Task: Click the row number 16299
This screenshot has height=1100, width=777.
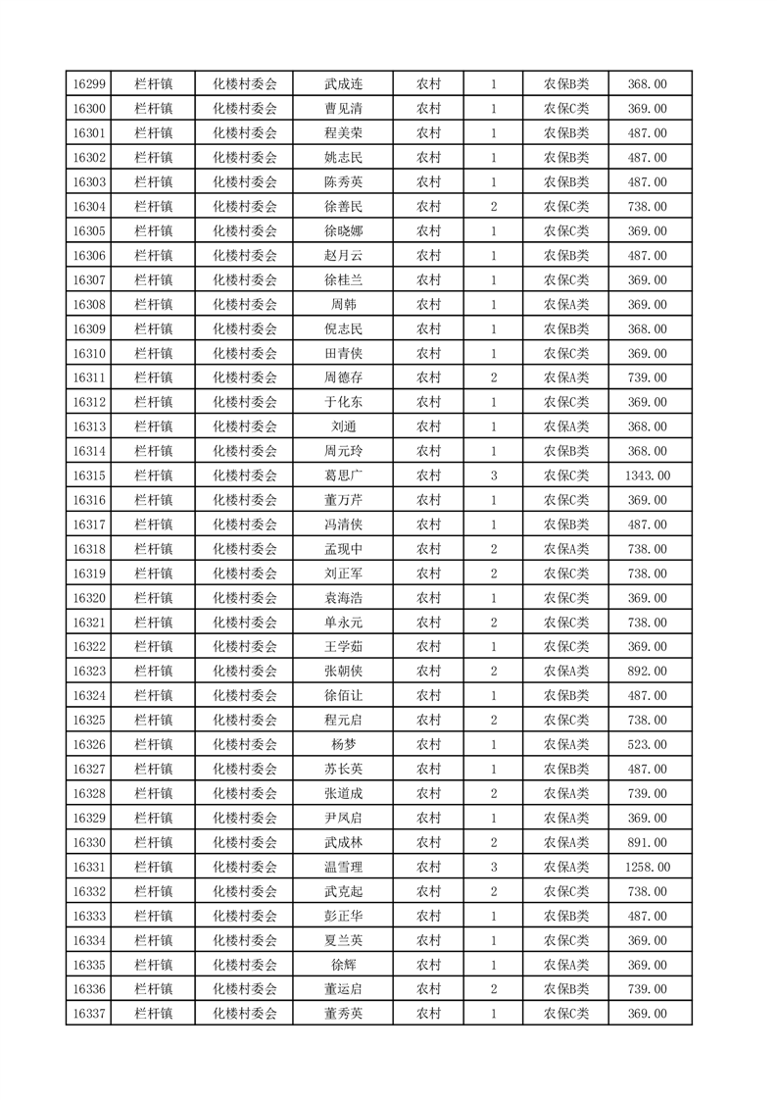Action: point(89,84)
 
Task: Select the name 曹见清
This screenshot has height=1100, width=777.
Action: point(343,109)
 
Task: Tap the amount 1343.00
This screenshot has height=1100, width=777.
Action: point(647,475)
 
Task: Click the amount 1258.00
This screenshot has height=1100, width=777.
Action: point(647,867)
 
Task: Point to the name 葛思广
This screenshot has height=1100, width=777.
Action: point(343,475)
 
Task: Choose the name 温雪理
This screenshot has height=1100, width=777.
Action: point(343,867)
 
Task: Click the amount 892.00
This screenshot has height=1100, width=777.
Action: point(647,672)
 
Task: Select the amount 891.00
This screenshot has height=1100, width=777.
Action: point(647,842)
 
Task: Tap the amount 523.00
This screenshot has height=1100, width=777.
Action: point(647,744)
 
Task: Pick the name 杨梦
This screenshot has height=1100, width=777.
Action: point(343,744)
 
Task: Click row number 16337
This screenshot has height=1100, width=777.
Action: point(89,1014)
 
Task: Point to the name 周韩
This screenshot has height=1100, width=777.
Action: point(343,305)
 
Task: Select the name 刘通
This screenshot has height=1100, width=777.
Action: point(343,426)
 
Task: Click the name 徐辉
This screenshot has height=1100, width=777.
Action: point(343,965)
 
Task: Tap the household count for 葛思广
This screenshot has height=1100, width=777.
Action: point(493,475)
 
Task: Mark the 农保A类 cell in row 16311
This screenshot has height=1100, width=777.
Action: point(566,377)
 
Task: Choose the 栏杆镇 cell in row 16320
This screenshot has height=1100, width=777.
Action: point(154,598)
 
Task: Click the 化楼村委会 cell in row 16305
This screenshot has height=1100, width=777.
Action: point(245,231)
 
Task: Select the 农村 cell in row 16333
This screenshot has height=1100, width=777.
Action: point(428,916)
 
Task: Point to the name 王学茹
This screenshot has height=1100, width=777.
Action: point(343,647)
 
